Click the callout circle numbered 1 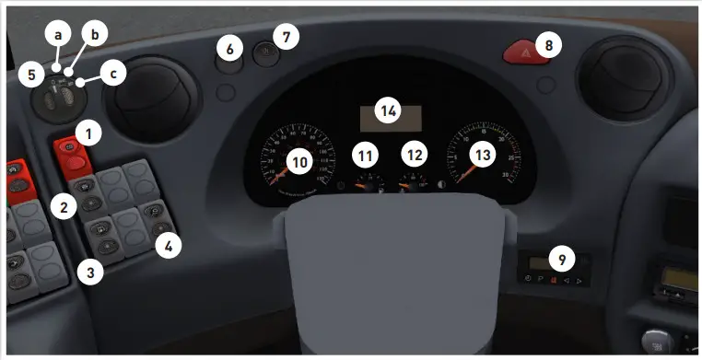(x=88, y=134)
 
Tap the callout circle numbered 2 (x=63, y=207)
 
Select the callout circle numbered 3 (x=88, y=273)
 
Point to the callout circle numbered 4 (x=169, y=245)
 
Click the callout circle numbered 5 (x=30, y=73)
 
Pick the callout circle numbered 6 (x=230, y=46)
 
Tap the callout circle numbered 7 (x=287, y=37)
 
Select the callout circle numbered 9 (x=561, y=260)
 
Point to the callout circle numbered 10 (x=299, y=161)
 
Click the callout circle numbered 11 (x=368, y=153)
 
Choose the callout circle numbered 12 (x=415, y=153)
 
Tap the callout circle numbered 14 (x=390, y=111)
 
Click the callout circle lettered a (x=58, y=35)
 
